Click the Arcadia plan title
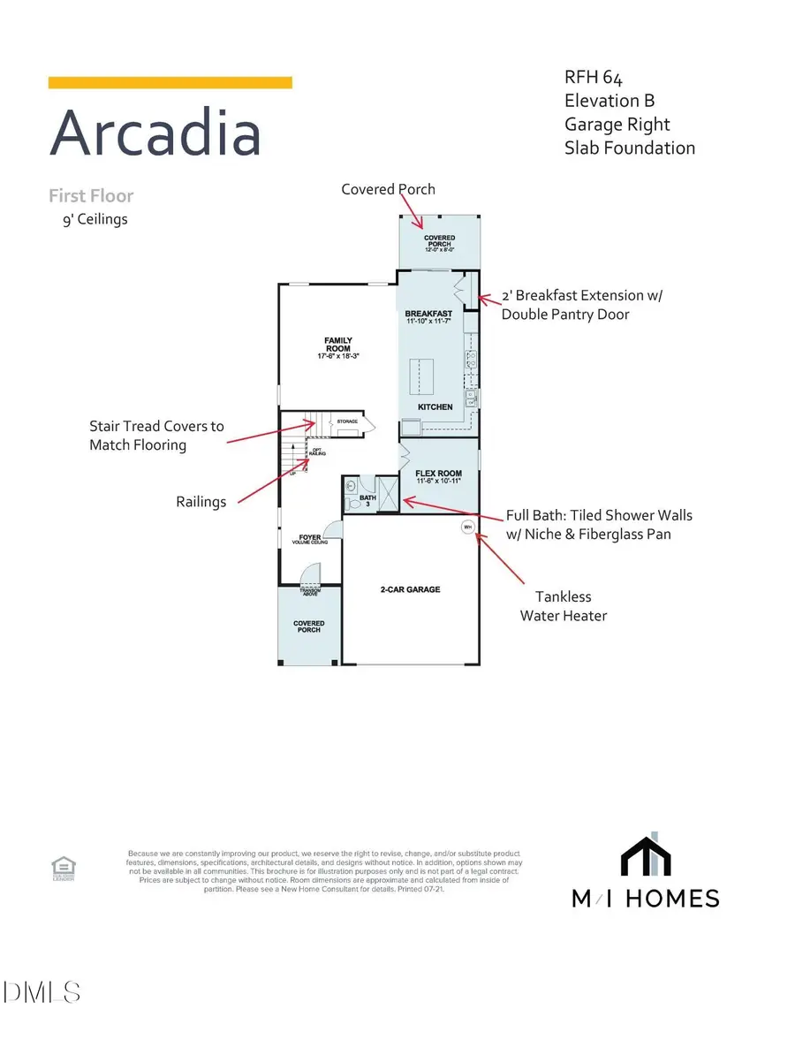[x=155, y=133]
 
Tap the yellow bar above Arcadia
[x=170, y=82]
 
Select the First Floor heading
[x=91, y=195]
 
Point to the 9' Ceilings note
[x=89, y=218]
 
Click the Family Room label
[x=338, y=345]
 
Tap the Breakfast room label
[x=428, y=314]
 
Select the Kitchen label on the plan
[x=435, y=407]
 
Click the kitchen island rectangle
[x=420, y=376]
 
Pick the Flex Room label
[x=439, y=473]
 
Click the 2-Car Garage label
[x=410, y=589]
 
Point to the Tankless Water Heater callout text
[x=563, y=605]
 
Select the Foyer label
[x=310, y=537]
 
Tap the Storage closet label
[x=347, y=422]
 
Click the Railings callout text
[x=201, y=501]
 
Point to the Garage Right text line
[x=617, y=125]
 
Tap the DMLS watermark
[x=42, y=992]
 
